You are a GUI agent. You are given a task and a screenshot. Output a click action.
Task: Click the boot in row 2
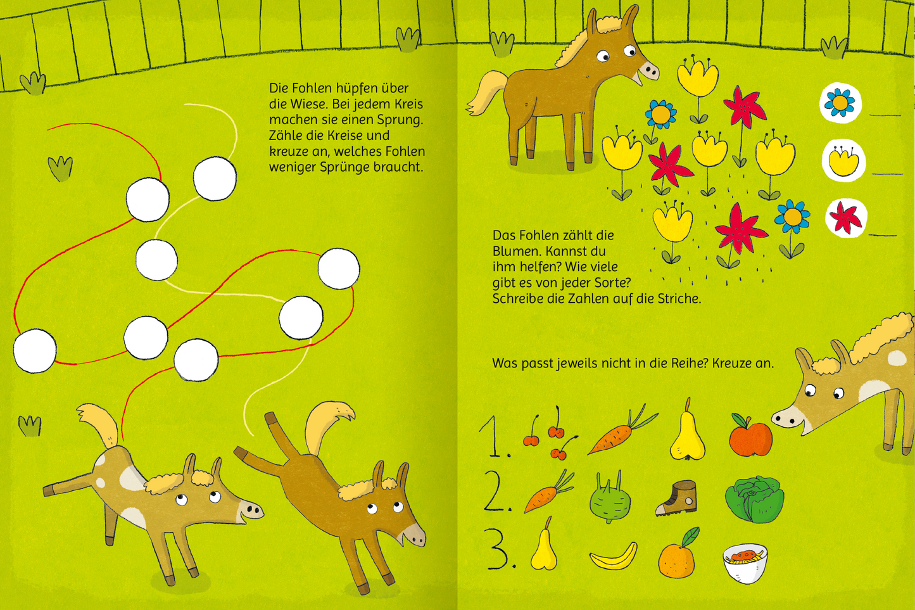(676, 498)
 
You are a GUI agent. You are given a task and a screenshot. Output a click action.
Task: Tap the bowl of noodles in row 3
(745, 563)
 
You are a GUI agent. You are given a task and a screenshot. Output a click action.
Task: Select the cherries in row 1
(550, 435)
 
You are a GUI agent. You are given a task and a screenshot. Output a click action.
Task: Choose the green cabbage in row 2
(755, 499)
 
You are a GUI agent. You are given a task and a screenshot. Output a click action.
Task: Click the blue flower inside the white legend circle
(840, 103)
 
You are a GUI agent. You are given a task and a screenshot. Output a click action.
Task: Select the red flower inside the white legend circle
(845, 217)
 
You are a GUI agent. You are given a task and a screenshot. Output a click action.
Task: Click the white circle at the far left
(35, 351)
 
